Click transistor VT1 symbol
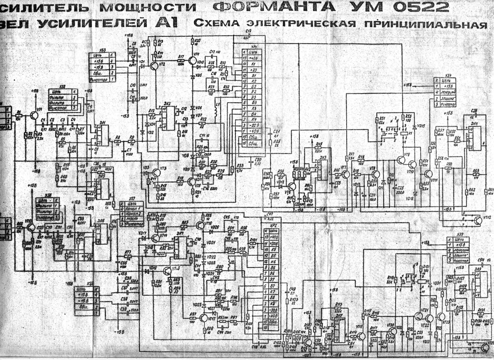click(34, 116)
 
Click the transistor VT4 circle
click(193, 60)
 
